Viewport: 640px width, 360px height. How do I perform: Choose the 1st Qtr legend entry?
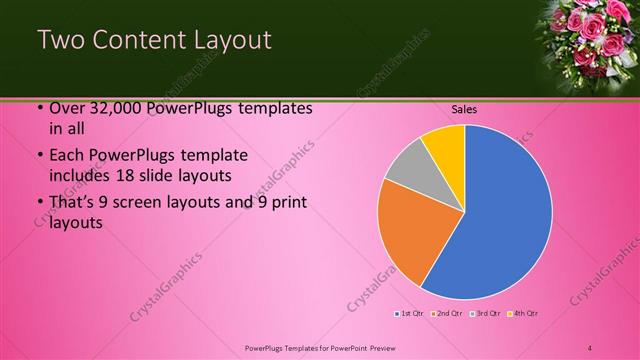pos(410,314)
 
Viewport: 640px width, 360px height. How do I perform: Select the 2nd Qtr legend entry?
pos(447,314)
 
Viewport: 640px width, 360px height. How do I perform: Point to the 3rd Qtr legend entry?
pos(485,314)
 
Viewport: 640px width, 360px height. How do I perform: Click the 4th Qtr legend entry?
pos(523,314)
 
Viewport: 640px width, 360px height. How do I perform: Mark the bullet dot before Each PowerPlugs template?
pos(39,157)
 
